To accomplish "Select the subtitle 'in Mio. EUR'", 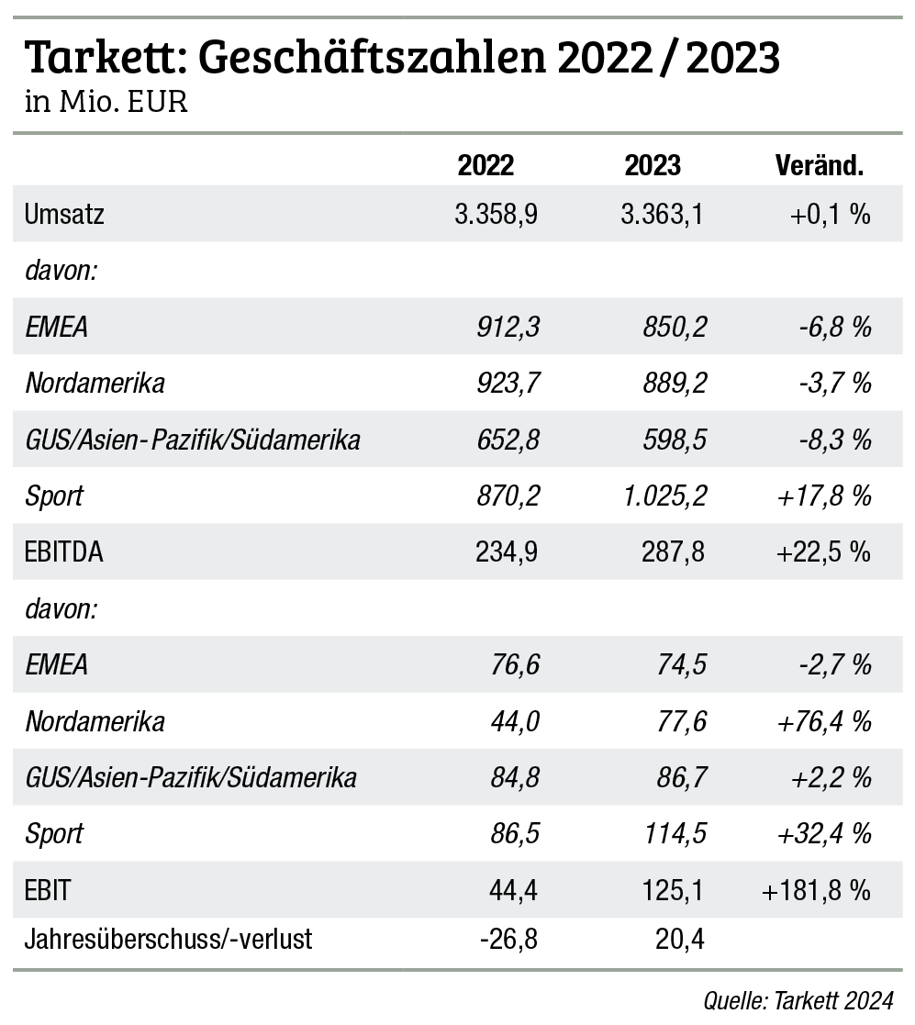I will (x=106, y=101).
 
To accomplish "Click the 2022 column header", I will (x=485, y=165).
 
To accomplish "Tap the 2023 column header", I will (x=653, y=165).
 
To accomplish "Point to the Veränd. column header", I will (x=820, y=165).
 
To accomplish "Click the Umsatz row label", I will (x=65, y=215).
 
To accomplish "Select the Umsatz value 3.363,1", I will (x=664, y=215).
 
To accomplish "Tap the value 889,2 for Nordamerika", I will (x=675, y=383).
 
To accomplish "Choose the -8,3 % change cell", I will (x=833, y=440).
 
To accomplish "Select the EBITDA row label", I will (x=64, y=552).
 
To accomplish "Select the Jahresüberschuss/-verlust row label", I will (x=169, y=940).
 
